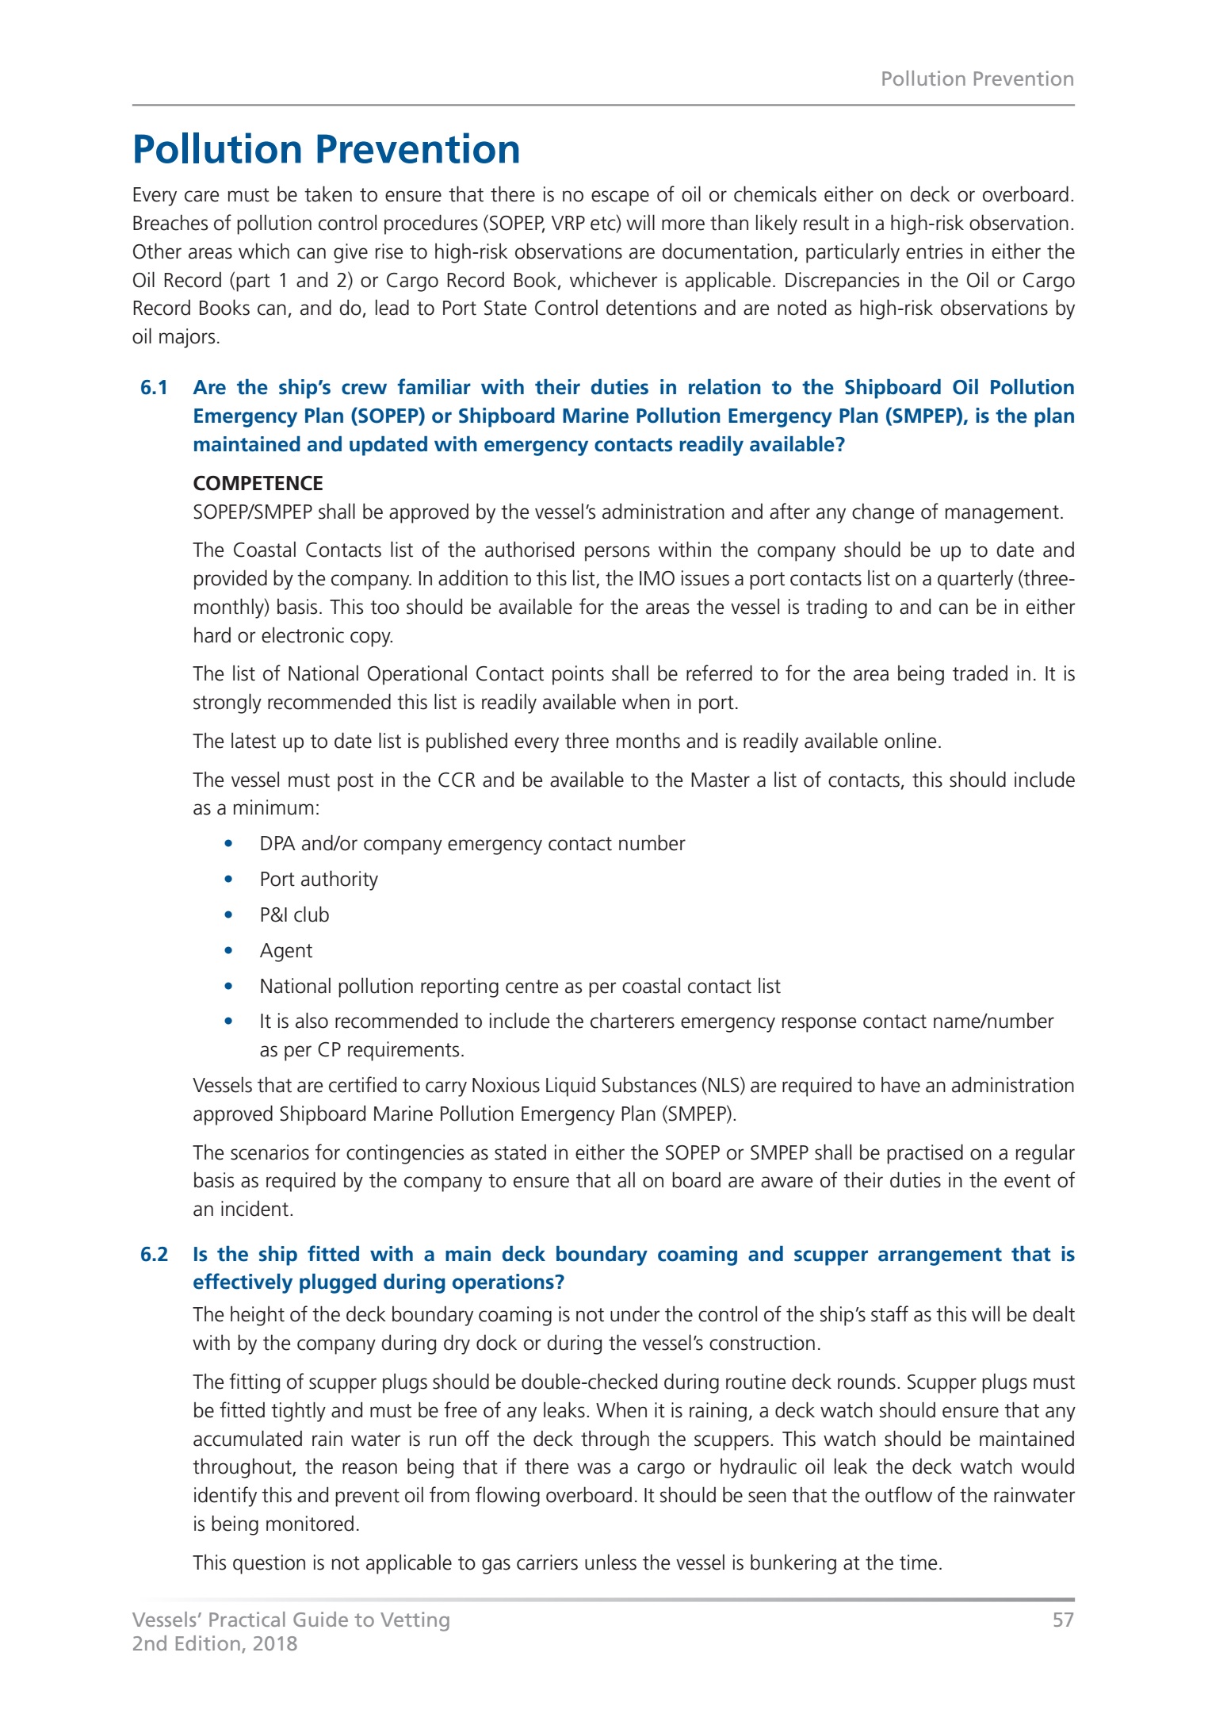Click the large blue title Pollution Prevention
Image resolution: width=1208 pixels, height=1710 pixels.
[326, 149]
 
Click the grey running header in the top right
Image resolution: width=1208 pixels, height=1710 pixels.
[977, 79]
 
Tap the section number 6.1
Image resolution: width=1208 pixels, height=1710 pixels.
[154, 388]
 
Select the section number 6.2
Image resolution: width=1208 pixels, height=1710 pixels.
[154, 1254]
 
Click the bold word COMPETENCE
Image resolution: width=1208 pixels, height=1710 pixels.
[258, 483]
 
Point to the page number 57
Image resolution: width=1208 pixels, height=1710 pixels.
[1063, 1620]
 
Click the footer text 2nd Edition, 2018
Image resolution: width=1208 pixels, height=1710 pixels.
[214, 1643]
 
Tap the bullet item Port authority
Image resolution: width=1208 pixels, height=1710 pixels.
[319, 880]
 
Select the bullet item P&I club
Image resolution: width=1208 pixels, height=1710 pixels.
[294, 915]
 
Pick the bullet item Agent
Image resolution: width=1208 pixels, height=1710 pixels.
[286, 951]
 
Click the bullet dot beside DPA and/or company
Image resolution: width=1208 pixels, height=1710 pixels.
[228, 844]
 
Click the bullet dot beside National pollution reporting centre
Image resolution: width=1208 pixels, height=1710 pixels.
[228, 987]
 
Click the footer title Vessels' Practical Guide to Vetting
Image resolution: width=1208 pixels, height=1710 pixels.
[291, 1620]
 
